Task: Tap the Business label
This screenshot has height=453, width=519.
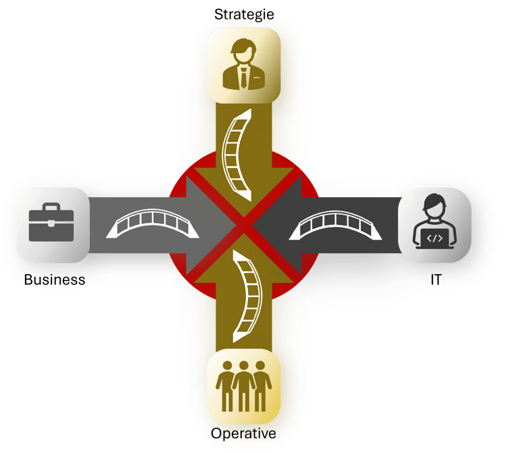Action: coord(54,279)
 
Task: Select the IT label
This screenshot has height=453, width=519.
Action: coord(435,278)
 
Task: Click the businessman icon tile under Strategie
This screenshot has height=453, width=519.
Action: coord(243,65)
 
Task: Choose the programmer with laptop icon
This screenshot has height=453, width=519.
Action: coord(435,225)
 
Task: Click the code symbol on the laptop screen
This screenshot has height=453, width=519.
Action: coord(435,237)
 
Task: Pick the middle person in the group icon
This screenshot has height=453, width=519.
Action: coord(243,385)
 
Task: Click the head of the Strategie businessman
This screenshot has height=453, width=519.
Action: coord(243,50)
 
